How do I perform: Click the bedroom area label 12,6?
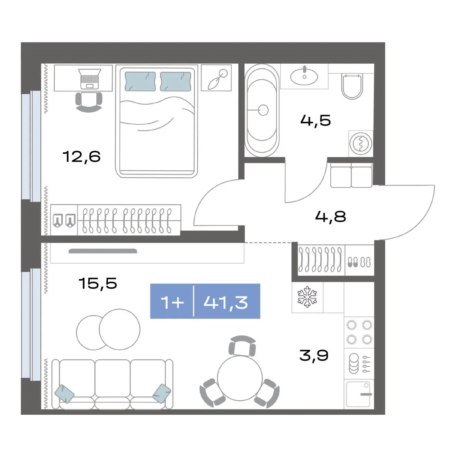click(x=81, y=157)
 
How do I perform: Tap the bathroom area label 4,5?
click(x=315, y=121)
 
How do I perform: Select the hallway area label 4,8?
click(x=331, y=217)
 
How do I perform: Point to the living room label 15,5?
click(x=98, y=283)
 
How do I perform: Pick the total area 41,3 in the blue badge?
click(x=225, y=303)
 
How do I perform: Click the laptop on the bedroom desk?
click(x=90, y=79)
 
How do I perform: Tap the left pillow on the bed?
click(x=140, y=81)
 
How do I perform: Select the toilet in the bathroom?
click(x=352, y=86)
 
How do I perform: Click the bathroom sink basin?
click(x=304, y=77)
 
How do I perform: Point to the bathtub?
click(x=262, y=110)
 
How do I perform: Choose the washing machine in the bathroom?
click(x=360, y=143)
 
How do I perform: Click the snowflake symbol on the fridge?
click(x=307, y=297)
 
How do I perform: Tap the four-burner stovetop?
click(x=359, y=332)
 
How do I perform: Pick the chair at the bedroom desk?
click(x=89, y=102)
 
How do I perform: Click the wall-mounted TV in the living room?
click(x=103, y=251)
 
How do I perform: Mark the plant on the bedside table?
click(x=218, y=79)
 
